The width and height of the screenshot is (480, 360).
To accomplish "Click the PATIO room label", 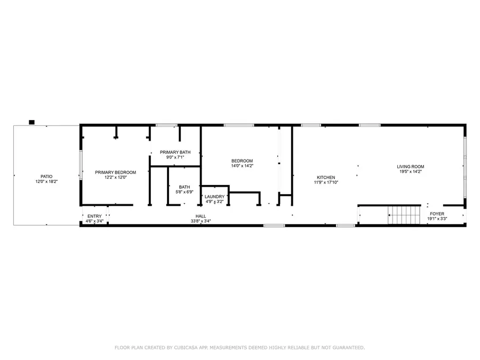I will pos(46,177).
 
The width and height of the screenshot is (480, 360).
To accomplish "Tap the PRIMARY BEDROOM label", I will pos(115,172).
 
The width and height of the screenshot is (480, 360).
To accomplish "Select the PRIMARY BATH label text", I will pos(175,153).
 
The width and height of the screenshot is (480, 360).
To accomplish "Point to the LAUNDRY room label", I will pos(215,197).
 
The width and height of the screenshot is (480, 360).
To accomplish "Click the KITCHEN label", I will pos(326,178).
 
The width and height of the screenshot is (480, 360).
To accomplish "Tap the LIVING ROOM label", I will pos(410,167).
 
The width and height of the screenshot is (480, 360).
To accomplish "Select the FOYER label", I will pos(437,214).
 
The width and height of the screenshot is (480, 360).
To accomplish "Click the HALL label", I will pos(201,217).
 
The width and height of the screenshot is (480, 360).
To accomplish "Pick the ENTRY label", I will pos(94,217).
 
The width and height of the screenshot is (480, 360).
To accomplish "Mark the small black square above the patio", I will pos(31,122).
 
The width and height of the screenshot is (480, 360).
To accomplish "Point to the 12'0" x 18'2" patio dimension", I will pos(46,182).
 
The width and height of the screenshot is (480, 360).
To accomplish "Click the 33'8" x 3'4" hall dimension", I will pos(201,221).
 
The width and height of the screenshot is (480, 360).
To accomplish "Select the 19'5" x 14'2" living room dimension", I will pos(410,172).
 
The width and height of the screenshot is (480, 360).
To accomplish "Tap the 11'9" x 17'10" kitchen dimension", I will pos(326,182).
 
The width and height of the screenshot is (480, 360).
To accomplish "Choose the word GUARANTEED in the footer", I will pos(345,348).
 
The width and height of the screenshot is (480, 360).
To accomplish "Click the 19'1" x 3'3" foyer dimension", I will pos(437,219).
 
